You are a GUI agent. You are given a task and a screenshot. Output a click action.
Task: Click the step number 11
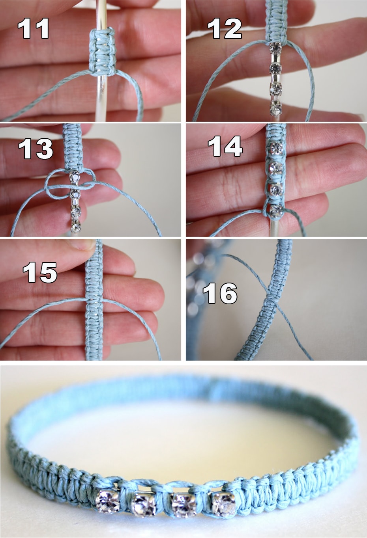(34, 29)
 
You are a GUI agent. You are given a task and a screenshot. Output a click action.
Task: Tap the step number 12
(225, 29)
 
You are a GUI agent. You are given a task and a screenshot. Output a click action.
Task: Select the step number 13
(36, 149)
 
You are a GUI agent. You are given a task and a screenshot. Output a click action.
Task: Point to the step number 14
(225, 146)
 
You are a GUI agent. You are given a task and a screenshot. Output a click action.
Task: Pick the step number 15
(40, 272)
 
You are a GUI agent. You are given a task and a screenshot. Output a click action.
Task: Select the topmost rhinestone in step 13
(75, 177)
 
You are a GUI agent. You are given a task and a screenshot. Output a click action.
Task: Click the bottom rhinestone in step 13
(76, 227)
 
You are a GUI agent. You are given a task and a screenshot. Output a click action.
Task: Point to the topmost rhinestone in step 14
(276, 149)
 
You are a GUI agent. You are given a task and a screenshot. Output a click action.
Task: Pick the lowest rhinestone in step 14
(276, 210)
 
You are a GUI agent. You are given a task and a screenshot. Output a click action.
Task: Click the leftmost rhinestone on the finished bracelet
(107, 501)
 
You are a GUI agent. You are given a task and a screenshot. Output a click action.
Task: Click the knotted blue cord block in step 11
(102, 52)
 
